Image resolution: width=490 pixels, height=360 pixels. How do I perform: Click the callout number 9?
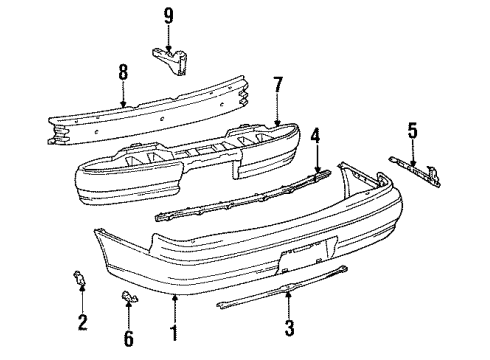(x=169, y=16)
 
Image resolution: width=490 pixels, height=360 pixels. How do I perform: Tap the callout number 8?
(x=123, y=72)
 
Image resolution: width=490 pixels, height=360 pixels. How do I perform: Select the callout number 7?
(x=278, y=85)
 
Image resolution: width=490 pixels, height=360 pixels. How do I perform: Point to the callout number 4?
(x=315, y=136)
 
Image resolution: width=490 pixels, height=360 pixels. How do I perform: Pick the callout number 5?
(x=413, y=130)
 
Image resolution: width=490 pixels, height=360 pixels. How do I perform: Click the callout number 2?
(x=82, y=322)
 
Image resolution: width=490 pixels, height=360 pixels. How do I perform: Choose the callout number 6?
(x=129, y=338)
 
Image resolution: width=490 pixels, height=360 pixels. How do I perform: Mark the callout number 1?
(x=174, y=333)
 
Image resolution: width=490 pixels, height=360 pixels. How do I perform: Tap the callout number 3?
(x=289, y=328)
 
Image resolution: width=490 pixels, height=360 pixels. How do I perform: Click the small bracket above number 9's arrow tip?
(x=171, y=61)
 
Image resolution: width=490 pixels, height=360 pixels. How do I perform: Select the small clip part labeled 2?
(x=79, y=278)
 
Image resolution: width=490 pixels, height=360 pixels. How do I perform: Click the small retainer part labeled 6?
(x=129, y=296)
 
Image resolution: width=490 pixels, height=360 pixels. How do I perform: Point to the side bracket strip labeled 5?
(x=415, y=171)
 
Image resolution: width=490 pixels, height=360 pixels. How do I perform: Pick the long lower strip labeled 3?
(x=283, y=288)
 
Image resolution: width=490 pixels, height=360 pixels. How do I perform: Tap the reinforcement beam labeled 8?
(x=148, y=110)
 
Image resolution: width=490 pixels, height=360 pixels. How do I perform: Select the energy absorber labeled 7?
(x=187, y=163)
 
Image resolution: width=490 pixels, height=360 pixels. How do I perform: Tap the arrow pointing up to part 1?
(x=174, y=308)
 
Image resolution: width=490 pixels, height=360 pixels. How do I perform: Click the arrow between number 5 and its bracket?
(x=413, y=153)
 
